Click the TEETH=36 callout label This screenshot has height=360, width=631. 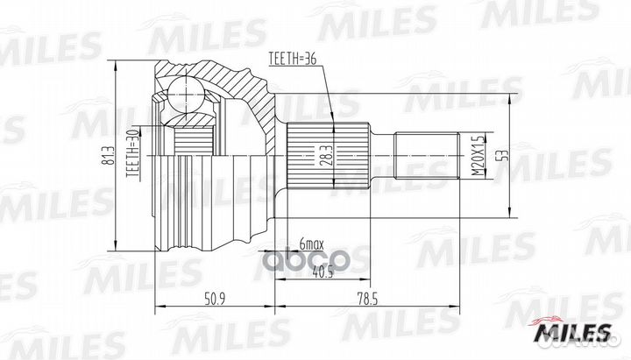click(x=293, y=60)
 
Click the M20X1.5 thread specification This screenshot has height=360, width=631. click(x=478, y=155)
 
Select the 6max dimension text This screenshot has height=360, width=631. click(x=311, y=244)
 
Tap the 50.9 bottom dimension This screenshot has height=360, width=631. click(x=214, y=300)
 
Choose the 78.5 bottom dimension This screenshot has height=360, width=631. click(x=366, y=300)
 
